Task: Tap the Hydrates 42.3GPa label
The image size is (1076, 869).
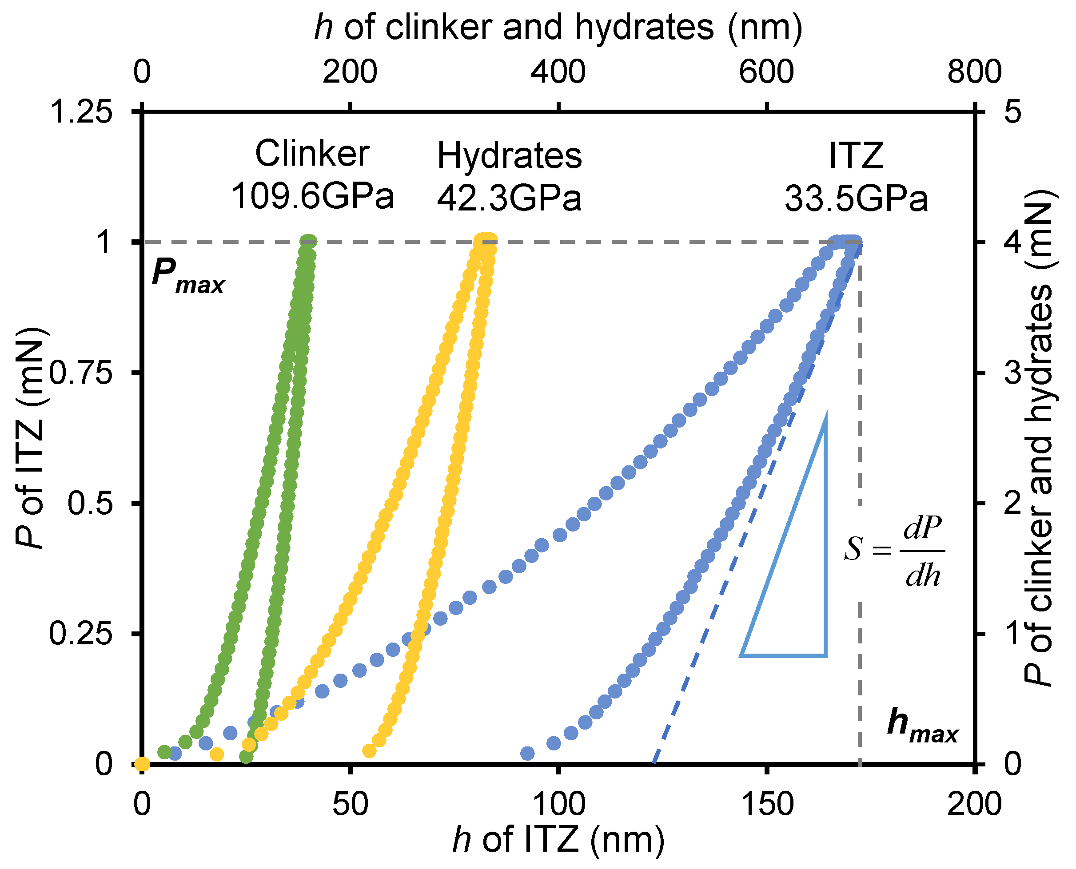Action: (x=509, y=177)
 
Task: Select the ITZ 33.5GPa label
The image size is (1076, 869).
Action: (x=856, y=177)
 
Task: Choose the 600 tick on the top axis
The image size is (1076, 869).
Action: (x=766, y=71)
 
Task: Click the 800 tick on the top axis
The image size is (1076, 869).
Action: (x=974, y=71)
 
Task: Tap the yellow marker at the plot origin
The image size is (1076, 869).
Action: (x=142, y=764)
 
